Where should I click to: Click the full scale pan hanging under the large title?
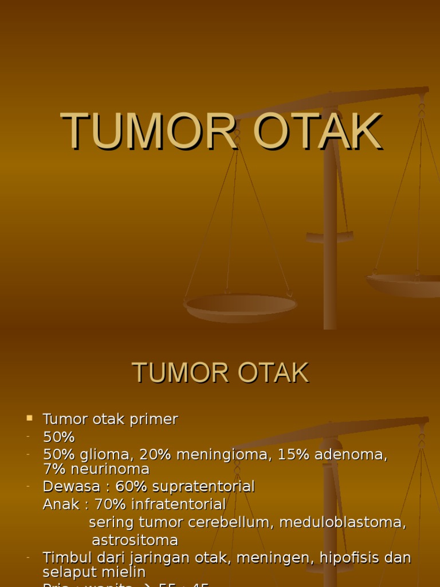241,307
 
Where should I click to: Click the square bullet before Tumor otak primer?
30,418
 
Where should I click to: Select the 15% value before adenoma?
293,455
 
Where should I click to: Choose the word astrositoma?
135,540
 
